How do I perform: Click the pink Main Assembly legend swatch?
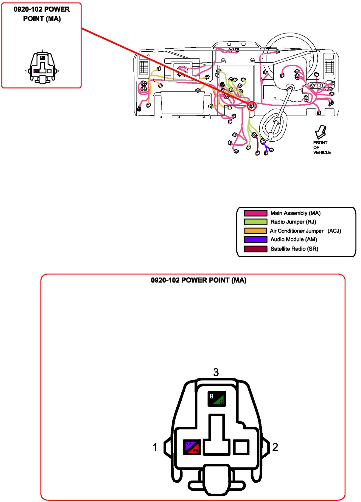(x=255, y=213)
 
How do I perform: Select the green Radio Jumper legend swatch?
(x=255, y=222)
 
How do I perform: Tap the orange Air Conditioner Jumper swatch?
(x=255, y=231)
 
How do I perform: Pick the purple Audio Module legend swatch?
(x=255, y=239)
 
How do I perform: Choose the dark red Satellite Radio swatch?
(x=255, y=249)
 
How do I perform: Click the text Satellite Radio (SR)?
(x=294, y=249)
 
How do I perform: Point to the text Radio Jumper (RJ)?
(x=293, y=222)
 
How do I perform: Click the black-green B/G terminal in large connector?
(x=216, y=399)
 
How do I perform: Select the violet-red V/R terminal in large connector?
(x=192, y=447)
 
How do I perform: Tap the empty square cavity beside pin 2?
(x=241, y=447)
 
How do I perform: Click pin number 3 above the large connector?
(x=216, y=372)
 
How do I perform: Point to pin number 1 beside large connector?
(x=155, y=448)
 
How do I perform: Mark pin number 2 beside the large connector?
(x=275, y=447)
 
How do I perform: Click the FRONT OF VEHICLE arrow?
(x=321, y=132)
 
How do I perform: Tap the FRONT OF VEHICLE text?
(x=321, y=147)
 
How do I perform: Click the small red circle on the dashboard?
(x=251, y=106)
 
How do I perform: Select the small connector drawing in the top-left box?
(x=42, y=68)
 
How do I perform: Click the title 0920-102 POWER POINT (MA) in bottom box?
(x=199, y=280)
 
